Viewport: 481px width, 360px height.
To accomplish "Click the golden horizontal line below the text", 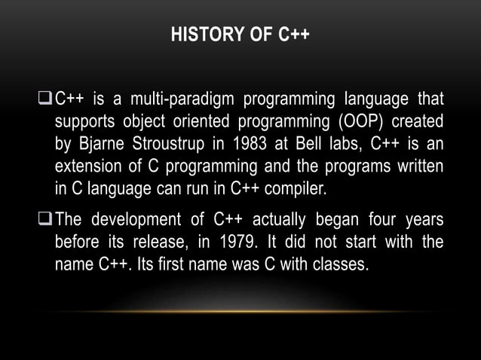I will coord(240,310).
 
